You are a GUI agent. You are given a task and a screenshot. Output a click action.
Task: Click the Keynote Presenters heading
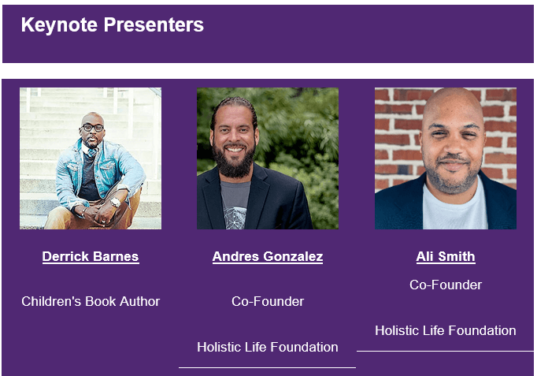click(113, 25)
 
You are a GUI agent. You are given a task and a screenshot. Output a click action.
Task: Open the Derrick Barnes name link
click(91, 256)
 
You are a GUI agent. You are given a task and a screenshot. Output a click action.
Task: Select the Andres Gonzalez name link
click(268, 256)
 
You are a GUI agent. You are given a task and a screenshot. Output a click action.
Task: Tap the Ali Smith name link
click(446, 256)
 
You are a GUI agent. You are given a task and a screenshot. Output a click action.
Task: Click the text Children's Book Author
click(91, 301)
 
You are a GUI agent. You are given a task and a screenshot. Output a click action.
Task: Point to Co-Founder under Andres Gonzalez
click(268, 301)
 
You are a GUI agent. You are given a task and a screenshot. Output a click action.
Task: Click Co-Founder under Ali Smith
click(446, 285)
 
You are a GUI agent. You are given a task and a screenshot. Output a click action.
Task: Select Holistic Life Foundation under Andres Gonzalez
click(268, 347)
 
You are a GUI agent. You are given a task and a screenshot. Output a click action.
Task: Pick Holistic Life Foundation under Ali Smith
click(446, 330)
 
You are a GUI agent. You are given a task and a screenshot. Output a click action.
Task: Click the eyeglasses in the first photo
click(92, 128)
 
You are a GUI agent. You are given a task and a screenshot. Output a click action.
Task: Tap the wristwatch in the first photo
click(116, 203)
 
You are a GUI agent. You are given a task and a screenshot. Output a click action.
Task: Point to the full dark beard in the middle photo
click(234, 161)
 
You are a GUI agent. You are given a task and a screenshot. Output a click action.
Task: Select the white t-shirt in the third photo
click(455, 209)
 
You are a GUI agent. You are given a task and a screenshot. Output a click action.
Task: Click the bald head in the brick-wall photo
click(452, 106)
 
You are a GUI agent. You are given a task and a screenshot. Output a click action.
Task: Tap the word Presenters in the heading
click(154, 25)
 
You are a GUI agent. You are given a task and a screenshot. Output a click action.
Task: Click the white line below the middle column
click(267, 368)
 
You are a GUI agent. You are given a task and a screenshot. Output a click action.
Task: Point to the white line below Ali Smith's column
click(445, 351)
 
